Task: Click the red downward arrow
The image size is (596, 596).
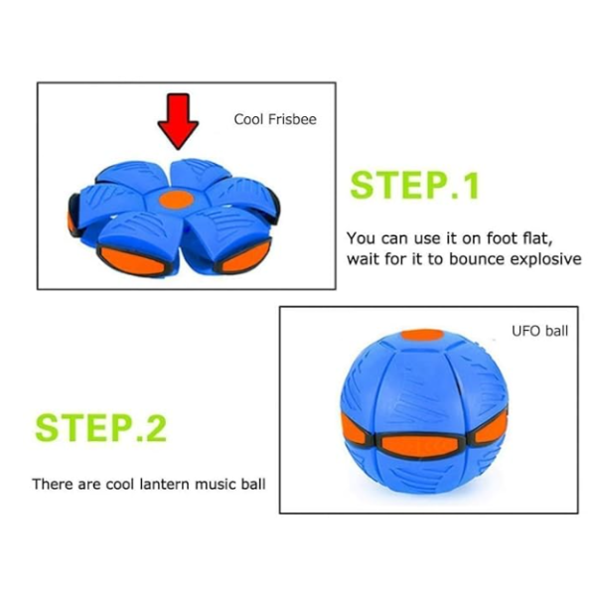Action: pyautogui.click(x=178, y=121)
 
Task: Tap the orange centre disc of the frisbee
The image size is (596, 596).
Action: pyautogui.click(x=177, y=200)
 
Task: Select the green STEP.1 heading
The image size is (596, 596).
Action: pyautogui.click(x=414, y=185)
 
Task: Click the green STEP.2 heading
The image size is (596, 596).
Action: pyautogui.click(x=100, y=428)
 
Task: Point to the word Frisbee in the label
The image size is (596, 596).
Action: pyautogui.click(x=292, y=119)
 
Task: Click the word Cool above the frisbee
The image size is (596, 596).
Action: pyautogui.click(x=248, y=119)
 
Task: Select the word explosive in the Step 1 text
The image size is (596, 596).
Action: pyautogui.click(x=545, y=259)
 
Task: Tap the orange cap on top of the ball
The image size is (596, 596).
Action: pyautogui.click(x=422, y=335)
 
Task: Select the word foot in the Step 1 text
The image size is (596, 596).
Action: pyautogui.click(x=502, y=238)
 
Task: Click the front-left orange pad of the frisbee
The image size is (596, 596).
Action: pyautogui.click(x=132, y=260)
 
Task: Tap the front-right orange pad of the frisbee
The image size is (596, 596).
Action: pyautogui.click(x=245, y=257)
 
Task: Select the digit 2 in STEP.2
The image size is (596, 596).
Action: pyautogui.click(x=156, y=428)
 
